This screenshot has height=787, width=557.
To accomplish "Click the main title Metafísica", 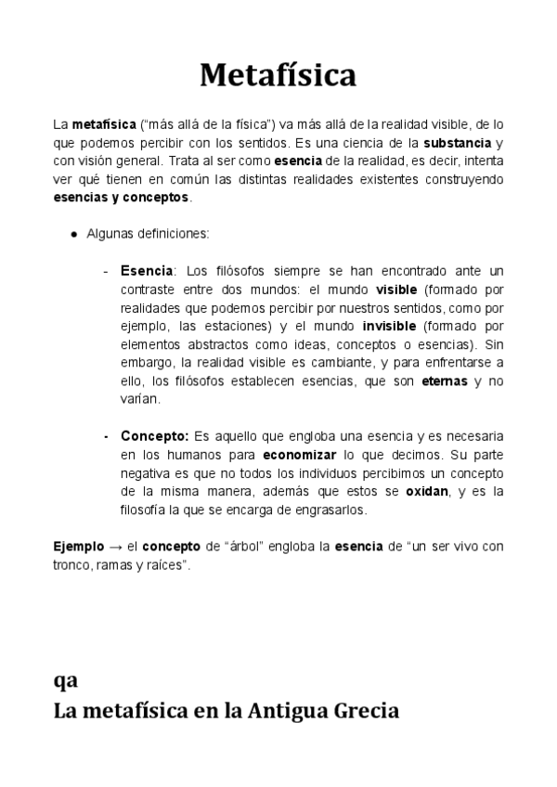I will pyautogui.click(x=278, y=74).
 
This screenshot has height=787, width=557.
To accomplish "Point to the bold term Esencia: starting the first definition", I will pyautogui.click(x=147, y=270).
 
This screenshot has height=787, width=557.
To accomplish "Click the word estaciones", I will pyautogui.click(x=239, y=326).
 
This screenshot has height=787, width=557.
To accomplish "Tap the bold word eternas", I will pyautogui.click(x=445, y=381).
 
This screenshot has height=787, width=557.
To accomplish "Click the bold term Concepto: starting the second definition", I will pyautogui.click(x=154, y=435).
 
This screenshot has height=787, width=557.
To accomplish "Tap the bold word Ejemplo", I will pyautogui.click(x=79, y=547).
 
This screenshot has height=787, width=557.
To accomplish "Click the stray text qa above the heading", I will pyautogui.click(x=65, y=680).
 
